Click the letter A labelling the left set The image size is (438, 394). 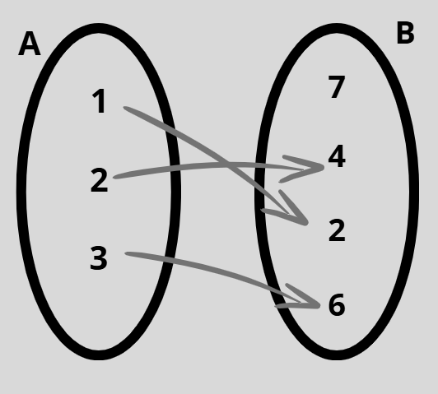pos(30,44)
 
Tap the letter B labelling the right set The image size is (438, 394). pos(405,33)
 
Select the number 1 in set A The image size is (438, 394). pos(99,101)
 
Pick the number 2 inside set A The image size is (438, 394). pos(99,180)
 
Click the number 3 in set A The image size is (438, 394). pos(99,258)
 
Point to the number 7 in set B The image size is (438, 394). pos(336,87)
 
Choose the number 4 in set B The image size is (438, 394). pos(337,156)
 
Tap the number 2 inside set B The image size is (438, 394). pos(337,230)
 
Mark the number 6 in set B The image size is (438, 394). pos(337,304)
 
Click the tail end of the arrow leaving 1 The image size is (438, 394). pos(125,108)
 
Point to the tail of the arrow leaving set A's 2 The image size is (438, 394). pos(114,177)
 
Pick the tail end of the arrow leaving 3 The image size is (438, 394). pos(126,253)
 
